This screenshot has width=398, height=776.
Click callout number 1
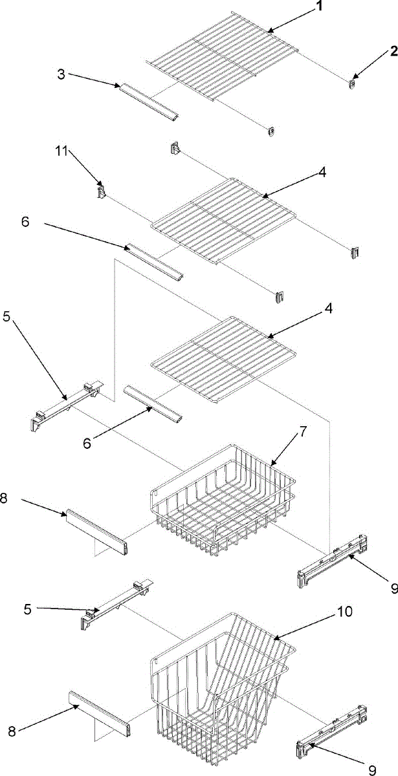(320, 7)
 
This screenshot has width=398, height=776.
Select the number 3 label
(61, 73)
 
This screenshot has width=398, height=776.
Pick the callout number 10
(344, 612)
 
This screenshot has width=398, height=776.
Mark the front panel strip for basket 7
(96, 530)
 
